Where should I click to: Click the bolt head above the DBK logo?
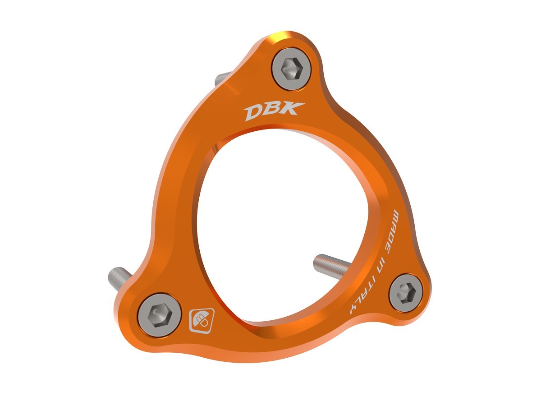tap(291, 69)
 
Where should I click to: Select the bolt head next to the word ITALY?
tap(405, 292)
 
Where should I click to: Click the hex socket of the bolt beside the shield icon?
tap(159, 314)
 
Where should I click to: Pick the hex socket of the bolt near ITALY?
tap(405, 292)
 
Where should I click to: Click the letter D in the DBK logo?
tap(253, 113)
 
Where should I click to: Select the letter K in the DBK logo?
tap(293, 108)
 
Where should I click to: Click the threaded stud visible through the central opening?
tap(332, 263)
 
